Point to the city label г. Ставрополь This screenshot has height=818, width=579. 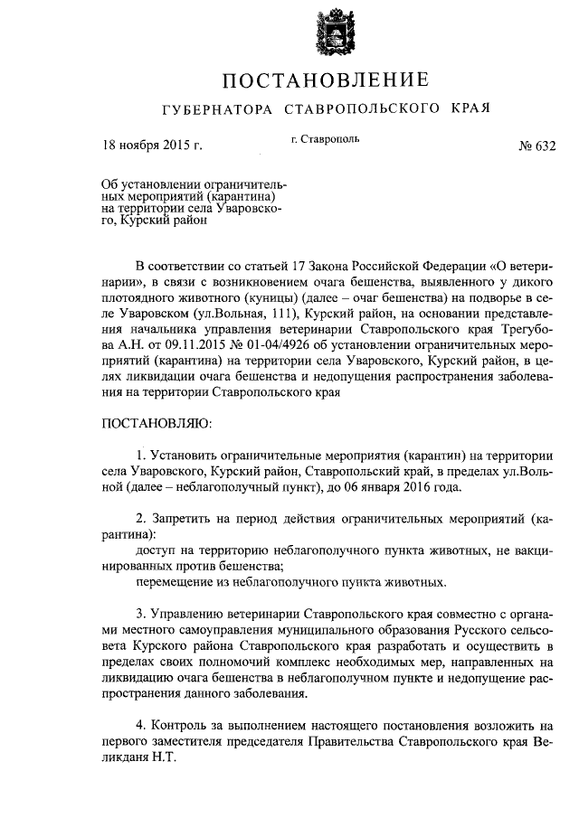(326, 140)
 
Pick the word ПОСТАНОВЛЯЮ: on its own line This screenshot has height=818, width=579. (156, 422)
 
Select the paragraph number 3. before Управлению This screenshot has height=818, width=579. (141, 613)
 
